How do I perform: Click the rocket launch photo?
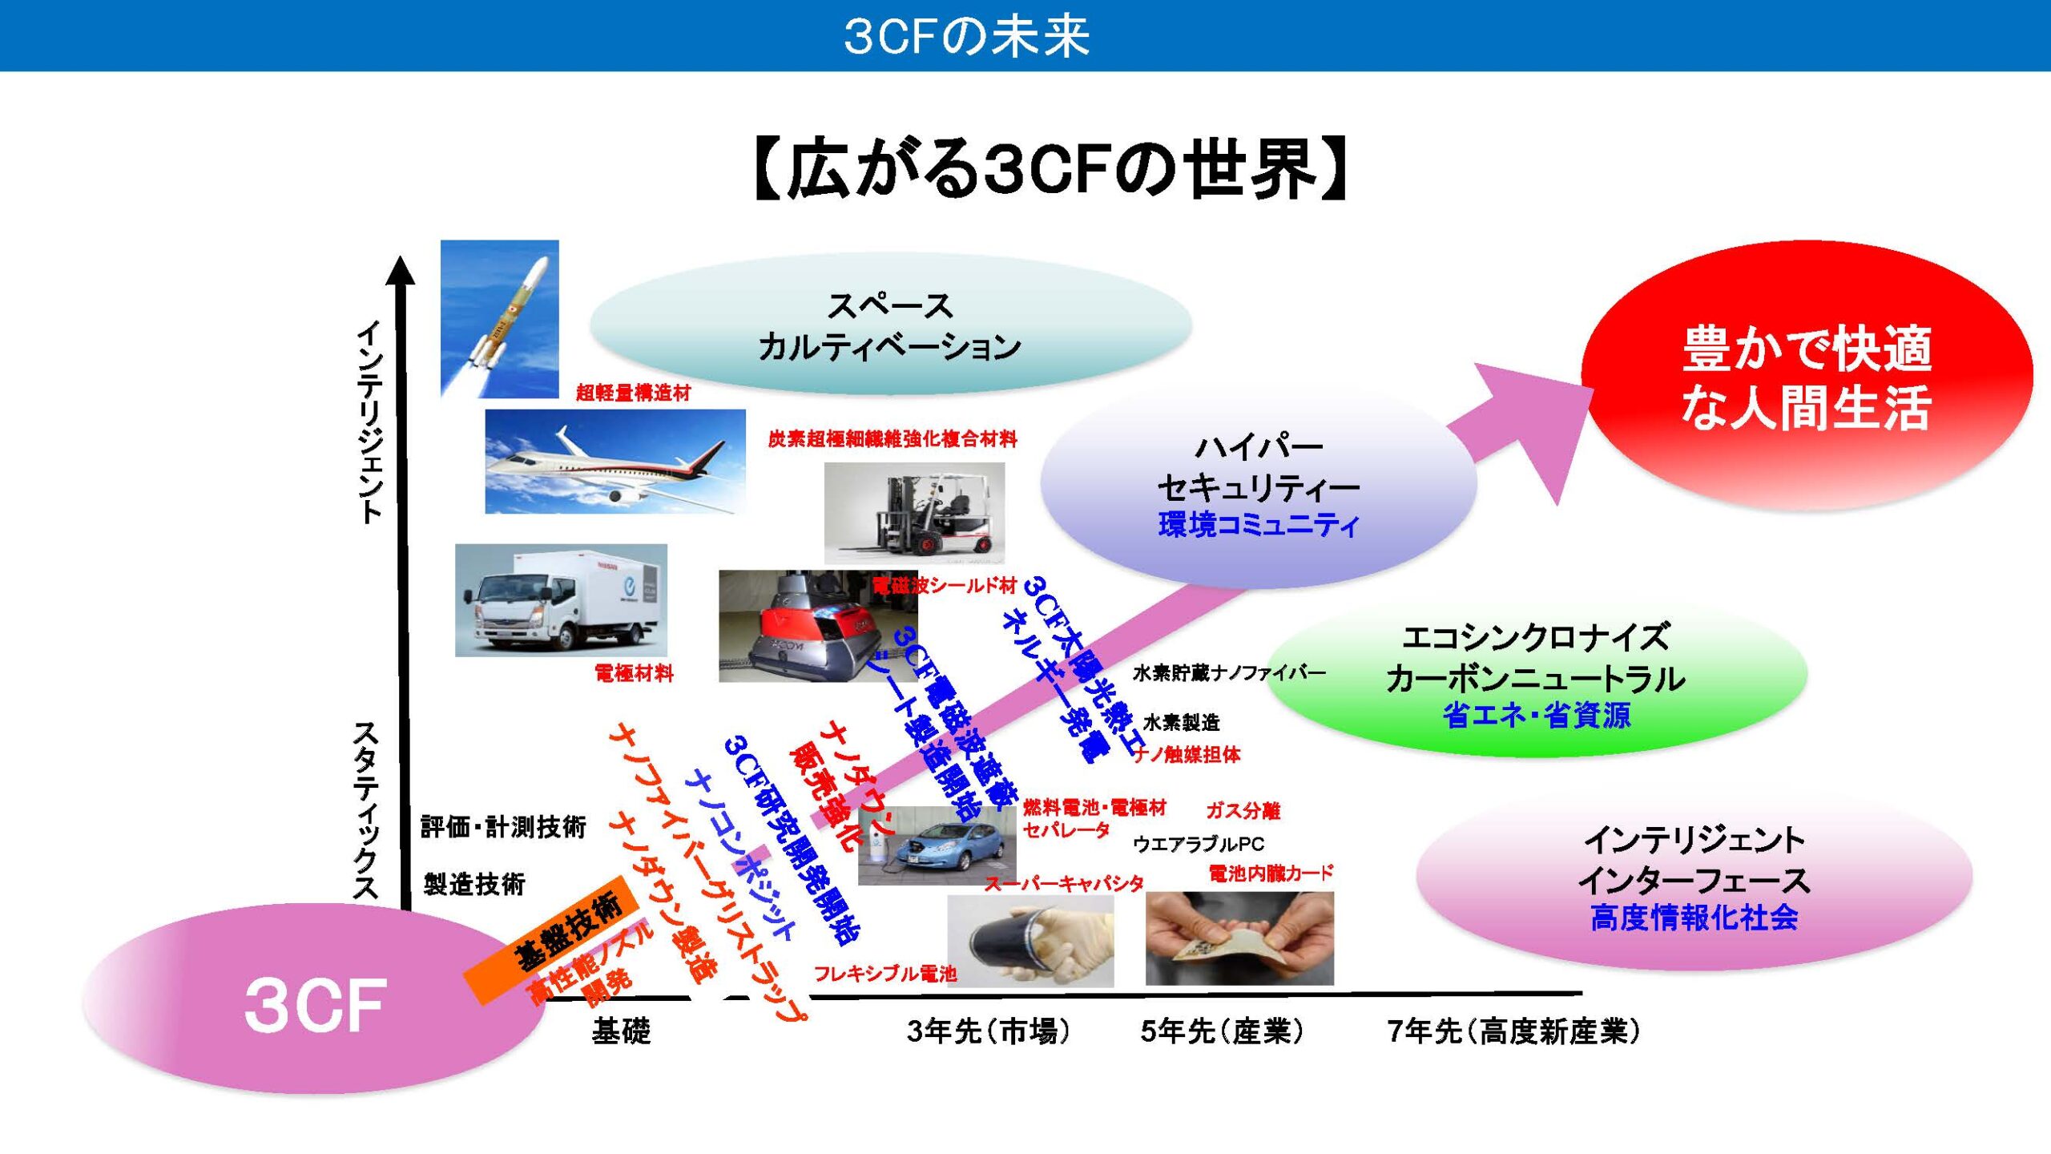(499, 319)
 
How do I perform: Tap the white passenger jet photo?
(614, 462)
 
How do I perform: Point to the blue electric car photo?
(937, 846)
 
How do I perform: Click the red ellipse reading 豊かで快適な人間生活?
(1806, 377)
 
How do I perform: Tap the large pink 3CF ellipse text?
(315, 1005)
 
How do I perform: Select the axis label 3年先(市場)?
(988, 1031)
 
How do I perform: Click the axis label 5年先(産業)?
(1222, 1031)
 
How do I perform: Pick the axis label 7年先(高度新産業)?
(1513, 1031)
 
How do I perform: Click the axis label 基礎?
(621, 1031)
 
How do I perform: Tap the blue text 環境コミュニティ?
(1259, 525)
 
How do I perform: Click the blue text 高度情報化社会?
(1694, 918)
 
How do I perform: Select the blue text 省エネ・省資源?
(1536, 715)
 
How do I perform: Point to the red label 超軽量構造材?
(633, 393)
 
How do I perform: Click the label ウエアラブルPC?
(1198, 844)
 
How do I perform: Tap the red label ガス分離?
(1243, 811)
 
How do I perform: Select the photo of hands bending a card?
(1239, 938)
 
